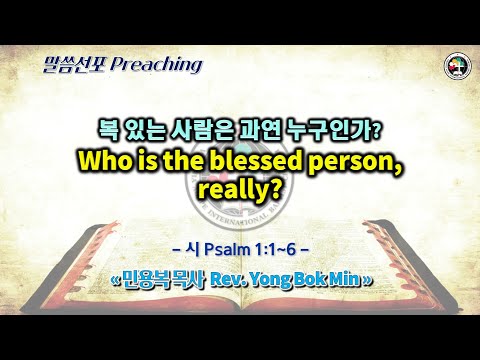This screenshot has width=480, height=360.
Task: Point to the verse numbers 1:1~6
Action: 274,248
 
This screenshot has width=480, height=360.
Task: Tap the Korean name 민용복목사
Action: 168,279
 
